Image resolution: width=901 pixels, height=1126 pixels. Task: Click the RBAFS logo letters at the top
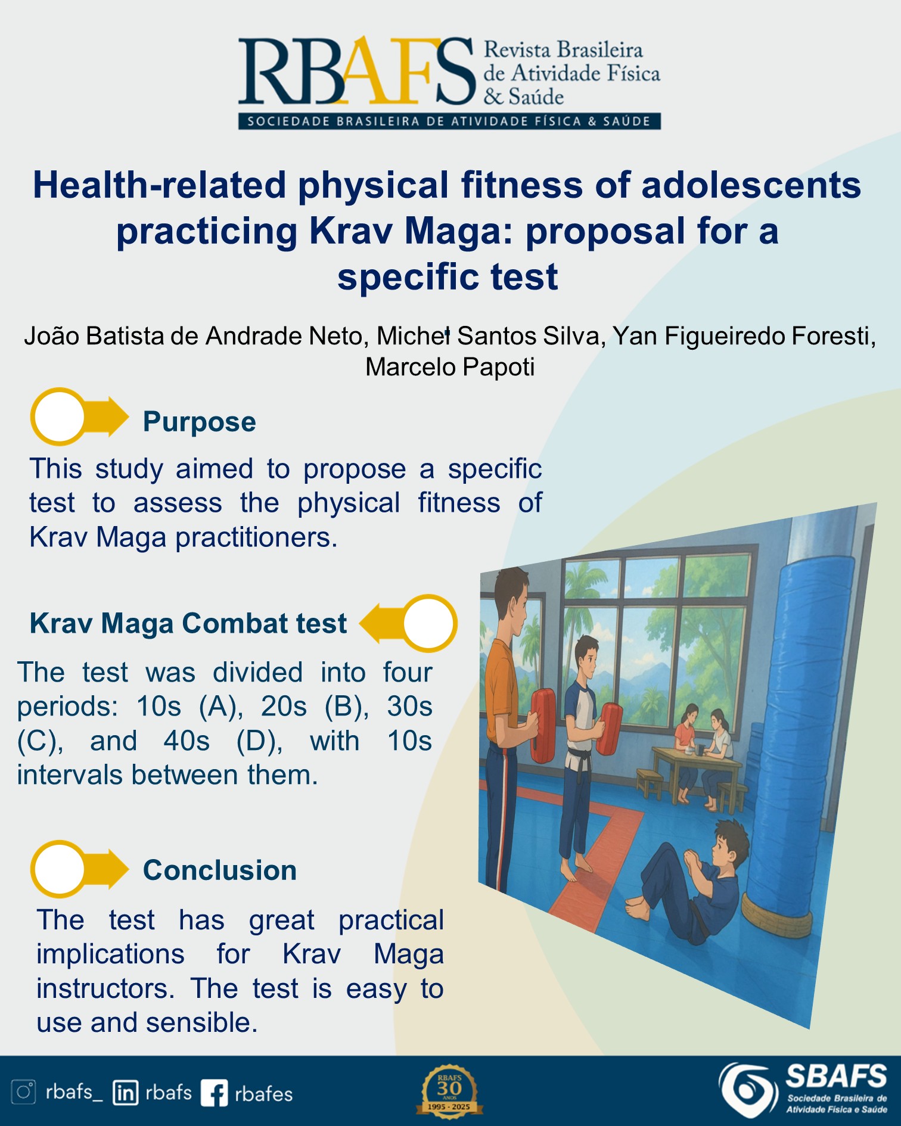click(356, 71)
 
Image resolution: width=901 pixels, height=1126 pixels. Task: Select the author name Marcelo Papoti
click(450, 367)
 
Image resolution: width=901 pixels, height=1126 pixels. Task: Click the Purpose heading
click(200, 422)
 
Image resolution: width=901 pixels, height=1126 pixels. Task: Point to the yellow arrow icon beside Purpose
click(79, 416)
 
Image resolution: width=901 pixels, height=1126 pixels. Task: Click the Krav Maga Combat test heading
click(188, 623)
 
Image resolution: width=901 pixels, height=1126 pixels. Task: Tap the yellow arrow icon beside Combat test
click(408, 623)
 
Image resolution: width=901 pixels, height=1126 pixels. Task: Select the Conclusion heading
click(220, 870)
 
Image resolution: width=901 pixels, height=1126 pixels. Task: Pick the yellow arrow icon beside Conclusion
click(79, 869)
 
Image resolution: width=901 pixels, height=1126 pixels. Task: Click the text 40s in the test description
click(187, 741)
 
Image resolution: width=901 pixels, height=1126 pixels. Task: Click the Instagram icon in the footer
click(24, 1092)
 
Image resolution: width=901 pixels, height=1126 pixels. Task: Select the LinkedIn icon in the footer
click(125, 1093)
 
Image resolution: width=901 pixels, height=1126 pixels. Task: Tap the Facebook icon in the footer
click(214, 1093)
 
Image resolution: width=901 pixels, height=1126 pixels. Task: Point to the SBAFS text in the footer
click(836, 1077)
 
